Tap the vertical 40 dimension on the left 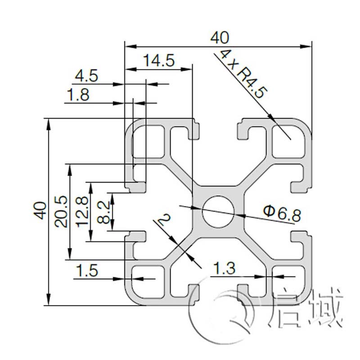[x=40, y=211]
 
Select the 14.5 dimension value [x=158, y=61]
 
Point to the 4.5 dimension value [x=86, y=76]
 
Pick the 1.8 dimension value [x=77, y=95]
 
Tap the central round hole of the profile [x=218, y=211]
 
